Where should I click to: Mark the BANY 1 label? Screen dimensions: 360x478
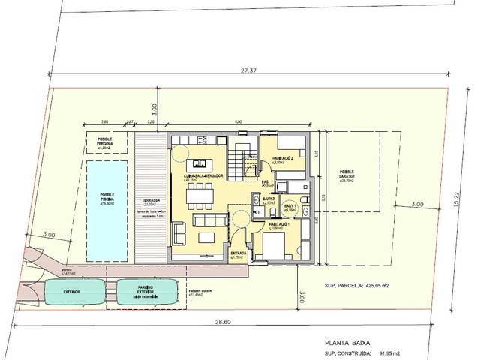tap(290, 206)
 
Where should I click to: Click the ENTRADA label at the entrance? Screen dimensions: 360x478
tap(239, 253)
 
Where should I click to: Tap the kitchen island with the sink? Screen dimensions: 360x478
tap(200, 163)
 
